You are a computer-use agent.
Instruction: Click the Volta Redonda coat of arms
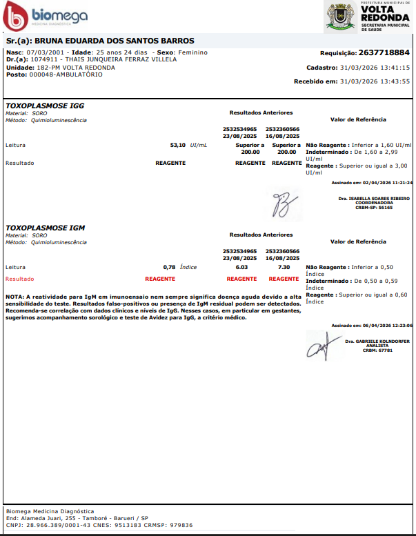click(x=341, y=15)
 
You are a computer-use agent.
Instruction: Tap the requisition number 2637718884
click(x=384, y=52)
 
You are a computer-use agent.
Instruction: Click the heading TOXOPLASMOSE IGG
click(x=45, y=106)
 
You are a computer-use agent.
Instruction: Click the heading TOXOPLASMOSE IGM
click(x=46, y=227)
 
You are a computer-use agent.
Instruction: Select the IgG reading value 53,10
click(x=177, y=146)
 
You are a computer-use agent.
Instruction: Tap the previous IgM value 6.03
click(x=241, y=266)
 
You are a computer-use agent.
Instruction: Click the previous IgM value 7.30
click(x=284, y=266)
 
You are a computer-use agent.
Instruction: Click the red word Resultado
click(x=19, y=279)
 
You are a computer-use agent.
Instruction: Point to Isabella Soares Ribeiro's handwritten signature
click(x=284, y=200)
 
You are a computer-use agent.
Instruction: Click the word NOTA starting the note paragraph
click(x=14, y=296)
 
